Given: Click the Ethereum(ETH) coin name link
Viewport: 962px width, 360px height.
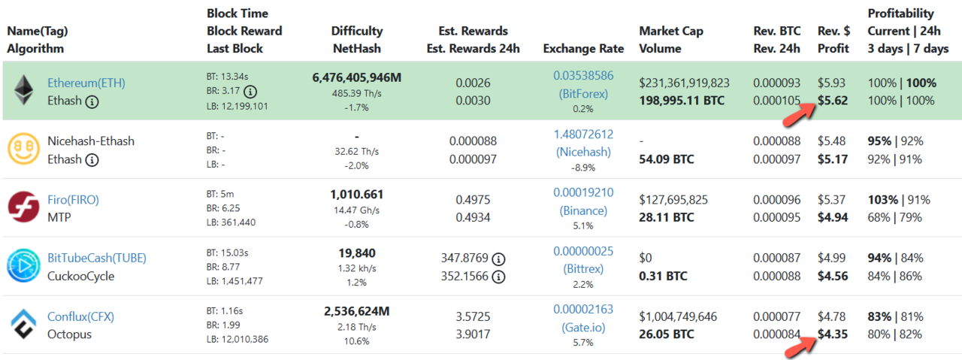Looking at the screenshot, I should coord(86,83).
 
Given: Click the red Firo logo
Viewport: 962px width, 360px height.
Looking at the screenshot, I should coord(23,207).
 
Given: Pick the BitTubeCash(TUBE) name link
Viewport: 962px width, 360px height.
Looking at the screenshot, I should coord(92,258).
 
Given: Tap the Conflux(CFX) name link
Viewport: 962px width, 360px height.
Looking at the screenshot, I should coord(80,316).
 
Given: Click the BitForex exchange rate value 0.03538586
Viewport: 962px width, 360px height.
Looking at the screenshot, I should coord(583,76).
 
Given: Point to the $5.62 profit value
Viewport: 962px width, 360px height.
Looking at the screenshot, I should coord(833,101).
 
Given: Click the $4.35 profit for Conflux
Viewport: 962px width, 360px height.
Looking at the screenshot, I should coord(833,334).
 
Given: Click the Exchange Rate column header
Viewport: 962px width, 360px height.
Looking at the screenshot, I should coord(583,49).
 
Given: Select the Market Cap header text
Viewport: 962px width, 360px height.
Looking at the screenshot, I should coord(670,31).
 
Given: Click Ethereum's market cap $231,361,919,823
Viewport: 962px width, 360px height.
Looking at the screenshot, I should coord(684,83).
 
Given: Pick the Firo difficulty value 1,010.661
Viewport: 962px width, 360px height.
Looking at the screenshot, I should coord(357,194).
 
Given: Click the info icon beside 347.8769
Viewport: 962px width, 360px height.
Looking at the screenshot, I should coord(498,259).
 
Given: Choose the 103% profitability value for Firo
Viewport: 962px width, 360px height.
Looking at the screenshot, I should coord(882,200).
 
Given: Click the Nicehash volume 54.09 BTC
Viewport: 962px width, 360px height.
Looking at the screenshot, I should coord(667,159).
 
